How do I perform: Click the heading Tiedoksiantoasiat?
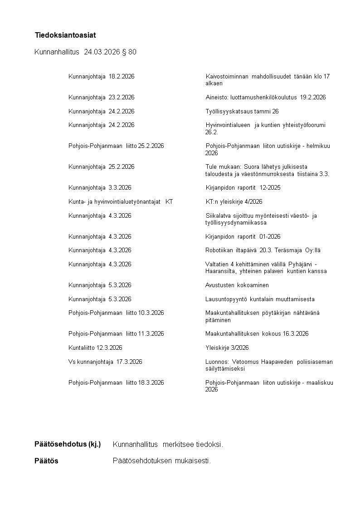tap(65, 35)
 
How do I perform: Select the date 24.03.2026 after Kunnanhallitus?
tap(102, 53)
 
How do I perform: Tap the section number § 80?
tap(129, 53)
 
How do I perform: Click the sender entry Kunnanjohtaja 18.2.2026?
tap(102, 76)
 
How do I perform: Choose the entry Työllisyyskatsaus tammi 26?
tap(242, 111)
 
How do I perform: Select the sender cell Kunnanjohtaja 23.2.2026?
tap(102, 98)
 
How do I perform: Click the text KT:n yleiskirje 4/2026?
tap(234, 202)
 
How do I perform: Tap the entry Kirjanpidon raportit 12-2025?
tap(243, 188)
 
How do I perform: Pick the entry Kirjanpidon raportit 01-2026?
tap(243, 237)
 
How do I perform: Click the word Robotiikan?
tap(219, 250)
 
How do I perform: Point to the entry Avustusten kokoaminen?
tap(237, 285)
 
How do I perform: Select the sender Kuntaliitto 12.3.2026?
tap(95, 348)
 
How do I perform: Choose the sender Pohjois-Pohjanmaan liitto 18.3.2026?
tap(116, 383)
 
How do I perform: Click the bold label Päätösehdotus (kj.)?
tap(68, 444)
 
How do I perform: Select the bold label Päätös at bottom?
tap(47, 461)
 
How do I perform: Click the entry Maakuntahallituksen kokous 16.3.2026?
tap(257, 334)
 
